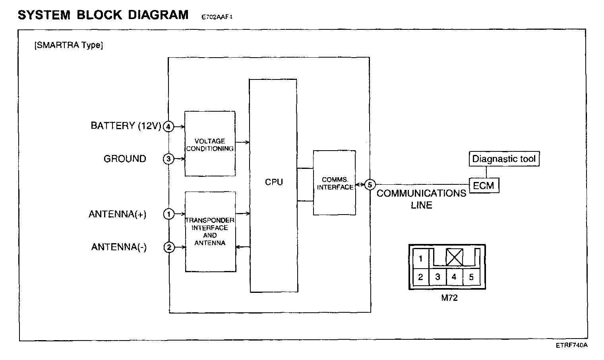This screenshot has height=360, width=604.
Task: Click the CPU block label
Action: pyautogui.click(x=274, y=182)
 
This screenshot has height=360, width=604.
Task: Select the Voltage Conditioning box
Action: pyautogui.click(x=210, y=144)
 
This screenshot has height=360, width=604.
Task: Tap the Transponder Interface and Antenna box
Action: pyautogui.click(x=210, y=232)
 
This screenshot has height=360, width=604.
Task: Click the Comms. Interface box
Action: pyautogui.click(x=335, y=183)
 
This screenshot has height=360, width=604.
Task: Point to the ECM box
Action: pyautogui.click(x=484, y=186)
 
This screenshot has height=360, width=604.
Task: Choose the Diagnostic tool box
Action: pyautogui.click(x=504, y=159)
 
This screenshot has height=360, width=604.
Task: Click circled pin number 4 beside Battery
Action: pyautogui.click(x=168, y=127)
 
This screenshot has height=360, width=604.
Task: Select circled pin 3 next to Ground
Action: pyautogui.click(x=168, y=159)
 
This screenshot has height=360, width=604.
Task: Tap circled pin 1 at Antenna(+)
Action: pyautogui.click(x=168, y=214)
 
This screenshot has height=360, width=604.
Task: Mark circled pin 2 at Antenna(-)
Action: pyautogui.click(x=168, y=247)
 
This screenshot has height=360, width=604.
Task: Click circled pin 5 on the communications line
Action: pyautogui.click(x=370, y=185)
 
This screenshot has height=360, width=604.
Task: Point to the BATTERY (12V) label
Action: pyautogui.click(x=126, y=126)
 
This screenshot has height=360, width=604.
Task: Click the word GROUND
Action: pyautogui.click(x=125, y=159)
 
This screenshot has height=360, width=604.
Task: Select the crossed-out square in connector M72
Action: pyautogui.click(x=454, y=257)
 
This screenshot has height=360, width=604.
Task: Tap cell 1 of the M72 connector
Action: pyautogui.click(x=420, y=259)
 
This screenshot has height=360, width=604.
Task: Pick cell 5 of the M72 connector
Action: pyautogui.click(x=471, y=277)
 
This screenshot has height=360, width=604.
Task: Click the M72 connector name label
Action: pyautogui.click(x=449, y=298)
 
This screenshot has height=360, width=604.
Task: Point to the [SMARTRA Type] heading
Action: pyautogui.click(x=69, y=45)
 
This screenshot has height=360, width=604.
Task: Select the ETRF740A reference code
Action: pyautogui.click(x=571, y=345)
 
